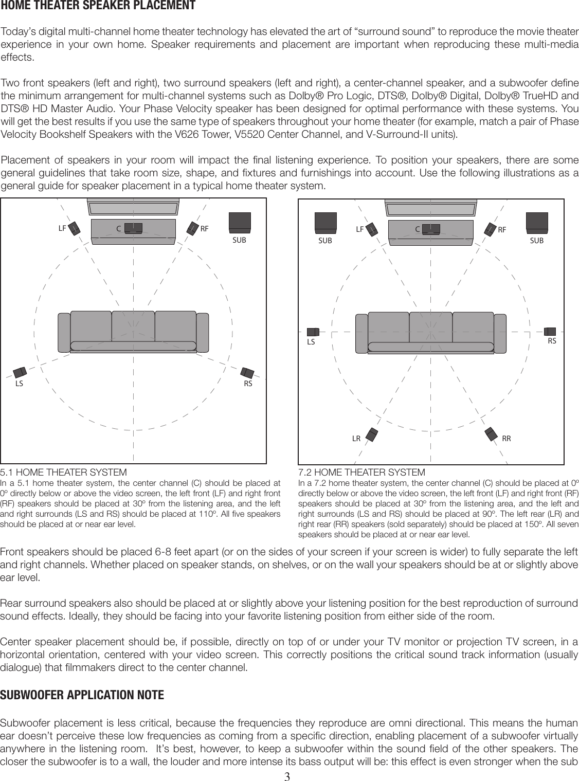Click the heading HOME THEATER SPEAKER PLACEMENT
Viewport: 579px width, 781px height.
[98, 6]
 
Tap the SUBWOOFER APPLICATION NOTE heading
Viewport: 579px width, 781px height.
[83, 696]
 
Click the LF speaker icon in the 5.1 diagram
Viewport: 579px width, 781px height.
[74, 228]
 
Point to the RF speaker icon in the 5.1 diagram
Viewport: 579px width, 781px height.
[192, 227]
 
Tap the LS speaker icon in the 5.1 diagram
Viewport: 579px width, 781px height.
[21, 372]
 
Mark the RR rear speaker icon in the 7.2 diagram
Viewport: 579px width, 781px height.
[491, 434]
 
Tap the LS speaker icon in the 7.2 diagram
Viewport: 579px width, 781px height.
[313, 332]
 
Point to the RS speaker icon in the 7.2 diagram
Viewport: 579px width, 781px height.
[551, 331]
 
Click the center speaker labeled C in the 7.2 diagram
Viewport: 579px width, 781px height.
[431, 229]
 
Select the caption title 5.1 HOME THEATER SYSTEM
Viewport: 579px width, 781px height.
[63, 472]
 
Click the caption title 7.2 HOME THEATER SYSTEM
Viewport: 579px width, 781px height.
[362, 472]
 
